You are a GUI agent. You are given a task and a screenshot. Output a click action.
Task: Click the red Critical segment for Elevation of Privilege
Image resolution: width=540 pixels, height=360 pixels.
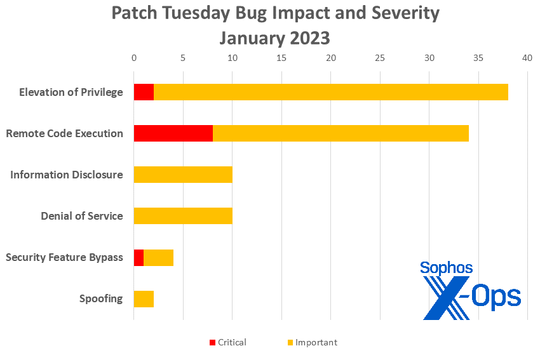tap(144, 92)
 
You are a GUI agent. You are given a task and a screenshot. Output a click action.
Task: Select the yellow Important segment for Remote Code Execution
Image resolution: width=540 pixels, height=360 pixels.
tap(341, 133)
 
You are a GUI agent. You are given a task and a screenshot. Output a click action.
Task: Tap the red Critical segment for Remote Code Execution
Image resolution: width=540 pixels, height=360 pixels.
tap(173, 133)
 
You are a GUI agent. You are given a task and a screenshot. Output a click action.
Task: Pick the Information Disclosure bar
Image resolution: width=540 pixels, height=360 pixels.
tap(183, 175)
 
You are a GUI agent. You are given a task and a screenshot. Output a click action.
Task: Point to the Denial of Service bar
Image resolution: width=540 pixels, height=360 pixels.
tap(183, 216)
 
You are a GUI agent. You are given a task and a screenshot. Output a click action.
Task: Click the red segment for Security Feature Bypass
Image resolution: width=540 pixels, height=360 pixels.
tap(138, 257)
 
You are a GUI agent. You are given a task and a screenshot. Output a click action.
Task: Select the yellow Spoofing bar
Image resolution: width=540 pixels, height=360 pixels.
tap(144, 298)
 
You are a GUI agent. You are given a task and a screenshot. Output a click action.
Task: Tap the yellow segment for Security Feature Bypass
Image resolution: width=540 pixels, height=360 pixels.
tap(158, 257)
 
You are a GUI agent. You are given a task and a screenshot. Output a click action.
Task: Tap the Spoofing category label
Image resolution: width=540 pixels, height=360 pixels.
tap(101, 298)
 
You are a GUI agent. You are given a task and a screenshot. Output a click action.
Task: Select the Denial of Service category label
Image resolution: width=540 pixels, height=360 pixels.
tap(82, 216)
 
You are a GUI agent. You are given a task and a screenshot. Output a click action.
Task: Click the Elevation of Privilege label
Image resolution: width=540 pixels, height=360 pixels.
tap(71, 92)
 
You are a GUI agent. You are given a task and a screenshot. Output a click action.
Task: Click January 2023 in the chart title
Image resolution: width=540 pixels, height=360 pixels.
tap(275, 37)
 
